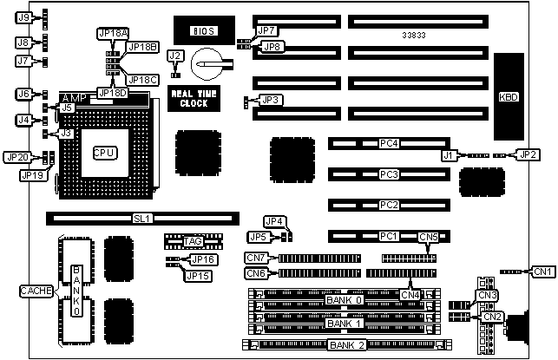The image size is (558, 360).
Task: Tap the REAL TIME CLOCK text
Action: pos(188,99)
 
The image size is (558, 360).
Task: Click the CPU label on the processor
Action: pos(105,152)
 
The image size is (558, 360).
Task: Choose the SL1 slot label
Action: pos(142,218)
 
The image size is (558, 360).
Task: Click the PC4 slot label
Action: pos(389,143)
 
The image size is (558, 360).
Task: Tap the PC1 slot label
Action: pos(389,236)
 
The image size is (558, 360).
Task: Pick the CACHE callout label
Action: pos(36,290)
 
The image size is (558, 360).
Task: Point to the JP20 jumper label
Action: pos(16,157)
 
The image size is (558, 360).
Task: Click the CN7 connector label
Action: pos(255,258)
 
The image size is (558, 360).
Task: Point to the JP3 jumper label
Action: pos(272,101)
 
